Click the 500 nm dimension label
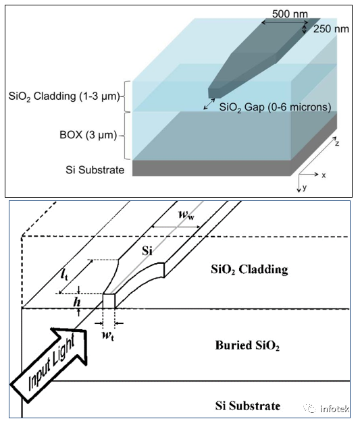pyautogui.click(x=290, y=13)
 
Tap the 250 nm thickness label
pyautogui.click(x=331, y=29)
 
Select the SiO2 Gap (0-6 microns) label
pyautogui.click(x=275, y=107)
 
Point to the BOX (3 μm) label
pyautogui.click(x=88, y=135)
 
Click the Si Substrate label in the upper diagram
pyautogui.click(x=95, y=170)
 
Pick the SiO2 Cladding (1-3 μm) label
pyautogui.click(x=64, y=96)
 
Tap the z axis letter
pyautogui.click(x=337, y=143)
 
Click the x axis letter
pyautogui.click(x=324, y=175)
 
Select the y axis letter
pyautogui.click(x=305, y=187)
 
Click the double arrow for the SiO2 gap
pyautogui.click(x=209, y=104)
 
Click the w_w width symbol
pyautogui.click(x=186, y=215)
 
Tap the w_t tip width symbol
pyautogui.click(x=108, y=335)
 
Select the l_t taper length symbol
pyautogui.click(x=64, y=275)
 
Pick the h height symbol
pyautogui.click(x=77, y=302)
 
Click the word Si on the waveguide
pyautogui.click(x=147, y=251)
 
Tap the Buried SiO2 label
pyautogui.click(x=247, y=345)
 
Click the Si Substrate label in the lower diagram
pyautogui.click(x=248, y=405)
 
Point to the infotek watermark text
pyautogui.click(x=334, y=409)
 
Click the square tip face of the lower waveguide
pyautogui.click(x=109, y=301)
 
